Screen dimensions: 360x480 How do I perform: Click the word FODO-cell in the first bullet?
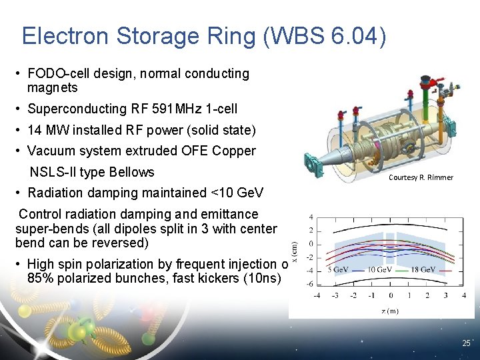[61, 74]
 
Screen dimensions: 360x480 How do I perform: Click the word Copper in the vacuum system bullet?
[233, 151]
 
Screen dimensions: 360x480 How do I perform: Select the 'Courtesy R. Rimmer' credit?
[421, 177]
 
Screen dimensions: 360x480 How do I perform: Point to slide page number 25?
[466, 343]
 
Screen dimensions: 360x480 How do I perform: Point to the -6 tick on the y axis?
[311, 284]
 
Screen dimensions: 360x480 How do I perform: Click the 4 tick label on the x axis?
[464, 295]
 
